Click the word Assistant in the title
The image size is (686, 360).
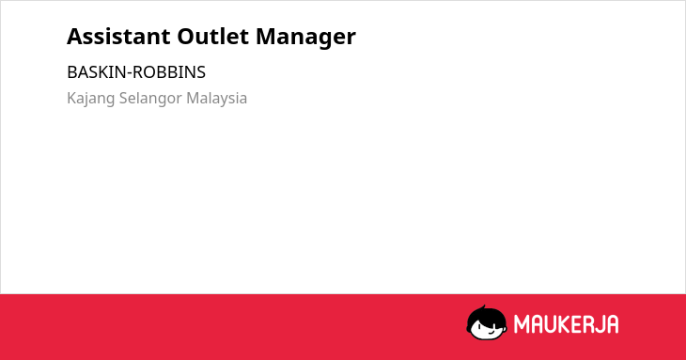click(118, 37)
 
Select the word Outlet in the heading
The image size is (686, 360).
click(213, 37)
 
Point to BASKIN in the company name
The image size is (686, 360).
click(96, 72)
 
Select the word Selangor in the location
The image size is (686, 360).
click(150, 99)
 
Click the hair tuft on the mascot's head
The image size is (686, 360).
click(483, 307)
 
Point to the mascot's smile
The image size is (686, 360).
click(491, 331)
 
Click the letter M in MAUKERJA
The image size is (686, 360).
click(522, 324)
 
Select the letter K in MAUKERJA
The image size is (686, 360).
click(565, 324)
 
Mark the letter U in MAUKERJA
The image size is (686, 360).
click(552, 324)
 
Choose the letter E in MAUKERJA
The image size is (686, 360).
click(577, 324)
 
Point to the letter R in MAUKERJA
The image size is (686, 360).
click(587, 324)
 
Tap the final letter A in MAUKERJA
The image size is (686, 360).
click(612, 324)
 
